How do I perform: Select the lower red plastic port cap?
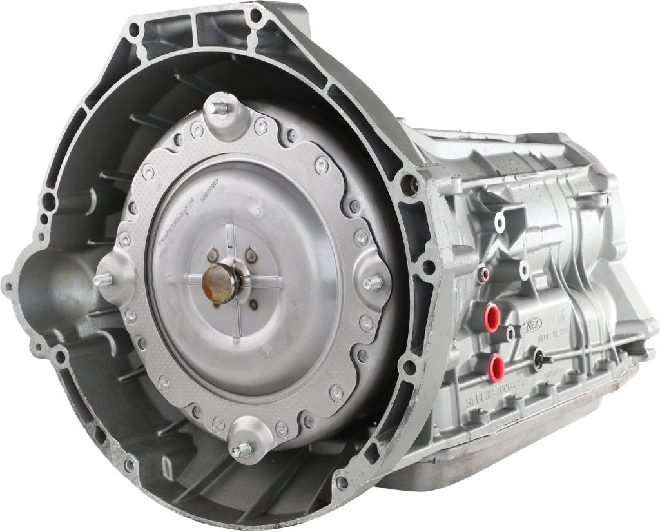click(496, 366)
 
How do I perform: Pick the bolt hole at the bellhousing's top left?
click(133, 29)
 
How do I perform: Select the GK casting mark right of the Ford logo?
click(562, 317)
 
